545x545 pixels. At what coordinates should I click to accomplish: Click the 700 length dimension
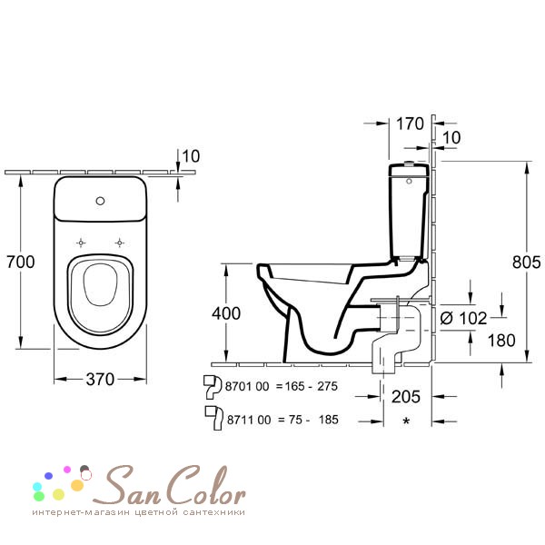(x=21, y=262)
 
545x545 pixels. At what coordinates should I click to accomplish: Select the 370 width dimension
(x=100, y=379)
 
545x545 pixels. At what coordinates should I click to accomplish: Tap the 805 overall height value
(x=526, y=263)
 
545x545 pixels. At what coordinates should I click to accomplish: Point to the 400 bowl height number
(x=226, y=313)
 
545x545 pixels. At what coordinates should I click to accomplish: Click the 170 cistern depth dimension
(x=411, y=124)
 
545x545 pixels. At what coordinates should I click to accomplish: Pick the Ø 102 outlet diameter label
(x=463, y=318)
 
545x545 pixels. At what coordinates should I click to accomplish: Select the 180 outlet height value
(x=501, y=341)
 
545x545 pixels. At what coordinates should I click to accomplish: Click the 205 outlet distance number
(x=406, y=397)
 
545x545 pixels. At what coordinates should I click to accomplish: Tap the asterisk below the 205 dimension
(x=406, y=421)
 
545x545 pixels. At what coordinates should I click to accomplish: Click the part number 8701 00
(x=247, y=386)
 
